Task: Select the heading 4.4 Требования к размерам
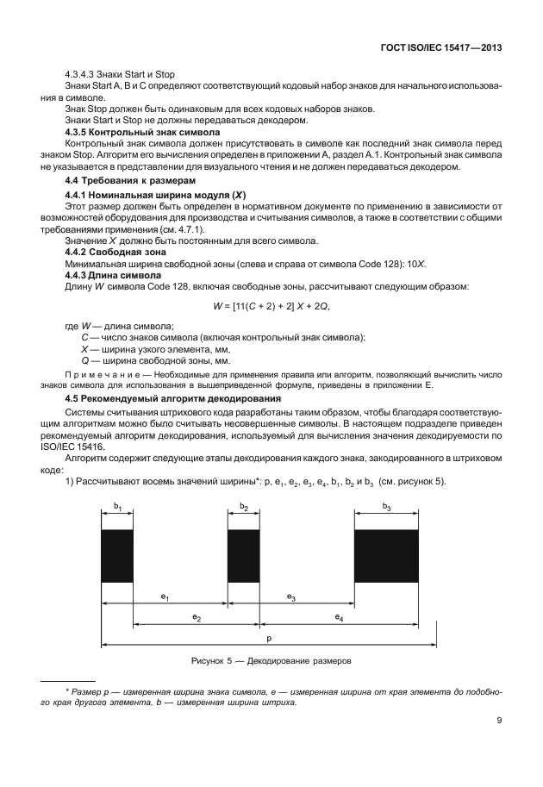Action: click(x=125, y=181)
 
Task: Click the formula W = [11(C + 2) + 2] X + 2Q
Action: click(x=271, y=305)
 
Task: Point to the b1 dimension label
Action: click(x=117, y=509)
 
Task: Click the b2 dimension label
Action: click(x=244, y=509)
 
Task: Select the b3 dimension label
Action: click(x=387, y=509)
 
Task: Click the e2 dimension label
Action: click(x=197, y=617)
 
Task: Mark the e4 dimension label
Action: click(x=339, y=617)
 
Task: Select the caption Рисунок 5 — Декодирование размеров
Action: click(x=271, y=662)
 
